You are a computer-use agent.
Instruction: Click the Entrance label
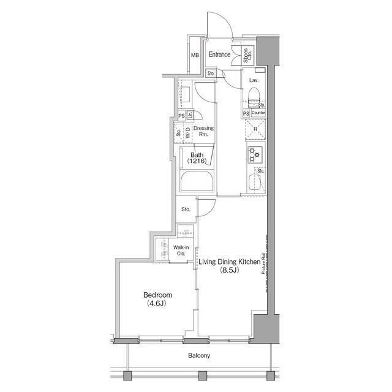point(219,55)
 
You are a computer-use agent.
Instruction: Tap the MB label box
point(195,56)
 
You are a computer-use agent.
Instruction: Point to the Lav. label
point(254,80)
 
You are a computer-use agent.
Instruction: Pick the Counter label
point(258,113)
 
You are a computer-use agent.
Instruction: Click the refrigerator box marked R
point(255,130)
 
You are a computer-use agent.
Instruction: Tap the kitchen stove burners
point(255,154)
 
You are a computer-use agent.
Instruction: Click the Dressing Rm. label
point(203,132)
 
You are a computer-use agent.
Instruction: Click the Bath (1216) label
point(197,158)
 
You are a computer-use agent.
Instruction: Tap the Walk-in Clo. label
point(182,250)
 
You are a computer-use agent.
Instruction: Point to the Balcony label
point(199,356)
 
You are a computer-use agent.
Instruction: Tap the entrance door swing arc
point(221,24)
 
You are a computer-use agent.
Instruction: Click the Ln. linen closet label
point(190,115)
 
